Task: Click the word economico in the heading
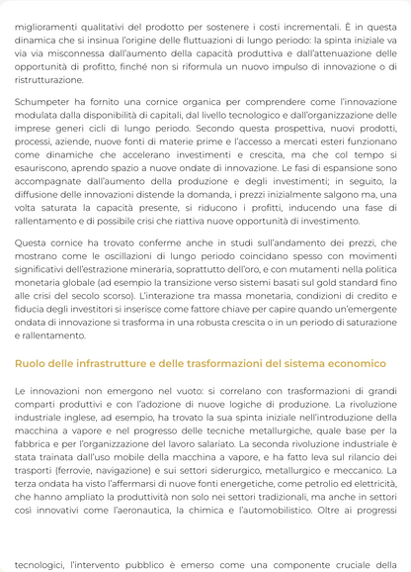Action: click(x=355, y=364)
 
